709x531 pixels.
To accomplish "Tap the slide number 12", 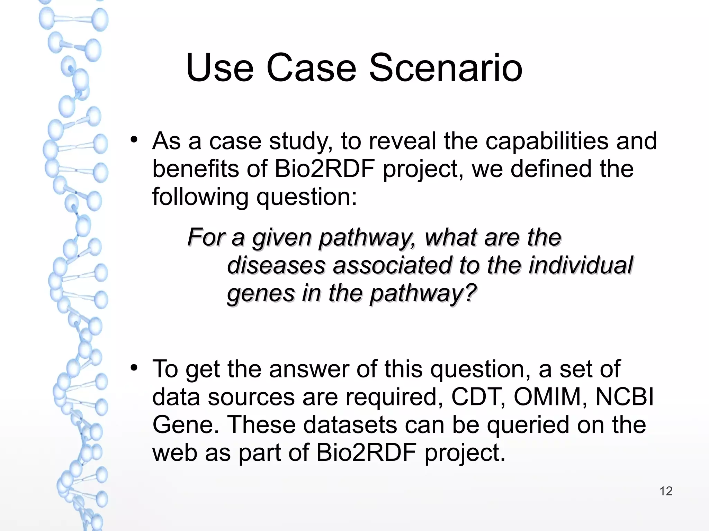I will pos(666,491).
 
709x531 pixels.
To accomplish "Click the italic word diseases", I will pos(276,265).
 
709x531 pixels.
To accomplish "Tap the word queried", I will pos(528,425).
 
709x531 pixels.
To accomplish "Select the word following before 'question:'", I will pos(200,197).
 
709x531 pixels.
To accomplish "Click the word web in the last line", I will pos(174,453).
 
